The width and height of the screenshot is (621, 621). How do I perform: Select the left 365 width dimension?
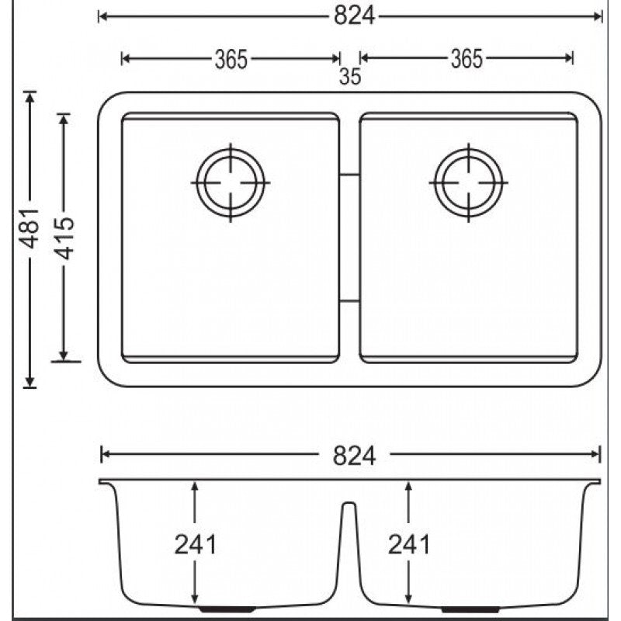231,58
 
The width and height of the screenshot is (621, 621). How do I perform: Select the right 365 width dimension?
466,58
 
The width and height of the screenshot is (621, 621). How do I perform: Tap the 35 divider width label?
350,76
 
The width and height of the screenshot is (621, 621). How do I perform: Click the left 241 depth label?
196,544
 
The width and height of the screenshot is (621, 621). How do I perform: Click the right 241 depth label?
408,544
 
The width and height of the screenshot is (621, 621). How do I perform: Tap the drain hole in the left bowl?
231,182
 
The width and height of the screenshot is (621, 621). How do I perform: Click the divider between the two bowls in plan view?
349,238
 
